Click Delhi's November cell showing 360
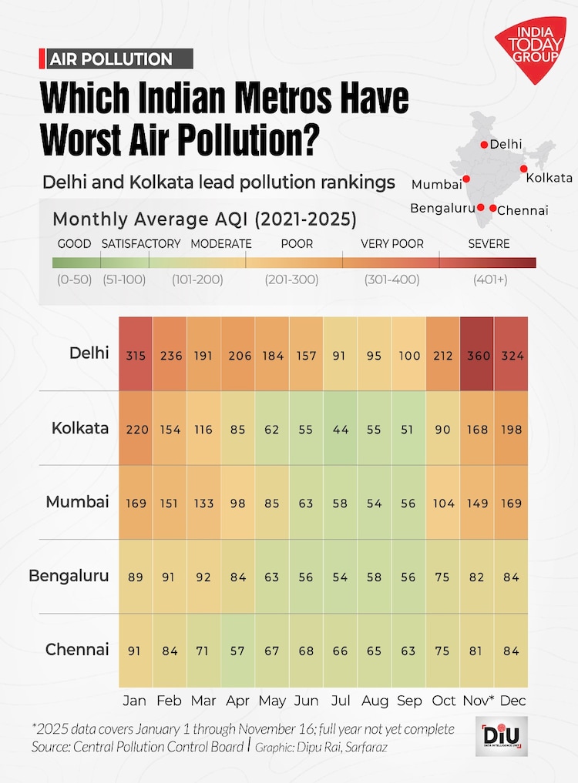pos(478,356)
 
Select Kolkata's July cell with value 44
pos(341,429)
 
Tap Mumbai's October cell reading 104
pos(444,503)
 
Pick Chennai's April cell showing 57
pos(237,651)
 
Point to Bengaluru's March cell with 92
pos(203,577)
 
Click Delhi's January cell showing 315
pos(136,356)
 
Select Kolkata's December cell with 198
pos(512,429)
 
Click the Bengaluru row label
pos(69,576)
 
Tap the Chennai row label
pos(77,650)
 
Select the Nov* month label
pos(479,701)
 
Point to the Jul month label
pos(341,701)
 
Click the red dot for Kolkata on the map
pos(523,169)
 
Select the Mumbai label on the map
pos(437,185)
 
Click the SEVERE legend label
pos(489,244)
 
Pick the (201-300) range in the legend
pos(291,279)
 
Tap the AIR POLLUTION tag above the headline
pos(110,59)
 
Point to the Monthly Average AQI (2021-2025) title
pos(204,219)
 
